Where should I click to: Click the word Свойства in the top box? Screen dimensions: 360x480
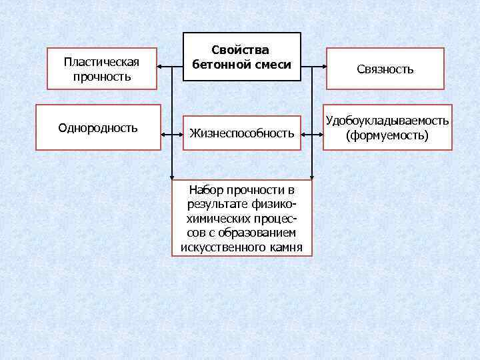coord(241,51)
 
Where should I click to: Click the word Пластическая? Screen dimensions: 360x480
coord(101,62)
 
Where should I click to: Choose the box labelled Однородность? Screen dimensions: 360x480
coord(98,127)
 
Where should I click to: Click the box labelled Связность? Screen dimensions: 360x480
coord(385,69)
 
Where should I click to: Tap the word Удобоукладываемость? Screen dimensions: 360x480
coord(387,121)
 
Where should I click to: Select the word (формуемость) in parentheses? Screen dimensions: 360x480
coord(387,135)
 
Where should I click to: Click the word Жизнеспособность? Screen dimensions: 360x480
coord(242,134)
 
